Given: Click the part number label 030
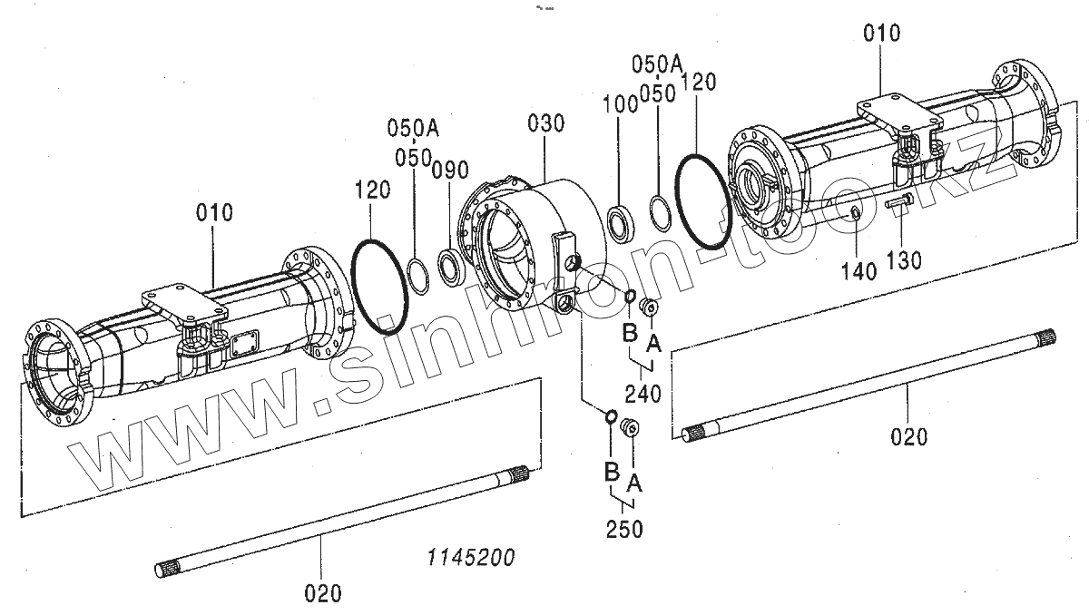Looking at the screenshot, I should click(x=545, y=124).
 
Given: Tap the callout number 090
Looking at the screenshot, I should click(x=449, y=170).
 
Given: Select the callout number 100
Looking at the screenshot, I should click(x=622, y=102).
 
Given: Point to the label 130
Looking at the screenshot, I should click(x=904, y=260).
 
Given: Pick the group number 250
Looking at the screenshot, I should click(x=624, y=528).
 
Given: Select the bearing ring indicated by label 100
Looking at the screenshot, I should click(x=622, y=223).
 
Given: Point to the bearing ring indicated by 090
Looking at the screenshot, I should click(x=451, y=266).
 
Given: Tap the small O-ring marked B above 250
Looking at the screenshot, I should click(x=612, y=416).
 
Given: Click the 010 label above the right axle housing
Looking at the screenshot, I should click(x=881, y=34).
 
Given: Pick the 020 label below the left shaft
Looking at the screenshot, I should click(x=323, y=593).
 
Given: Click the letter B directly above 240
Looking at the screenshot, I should click(x=630, y=336).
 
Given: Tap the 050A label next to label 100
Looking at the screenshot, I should click(x=657, y=63).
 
